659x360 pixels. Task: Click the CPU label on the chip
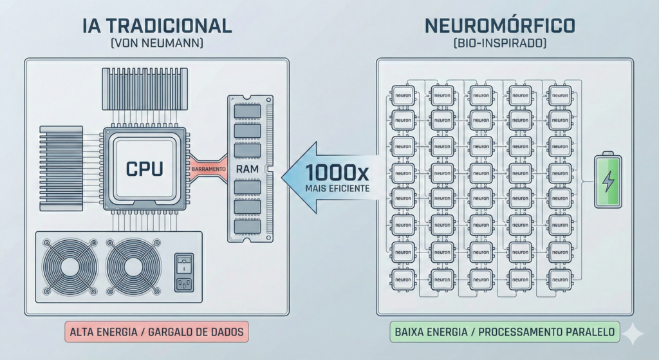[144, 169]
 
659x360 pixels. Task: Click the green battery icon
[608, 181]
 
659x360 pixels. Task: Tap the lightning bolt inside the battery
[608, 182]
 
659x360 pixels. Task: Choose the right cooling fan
[134, 267]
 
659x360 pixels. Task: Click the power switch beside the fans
[184, 263]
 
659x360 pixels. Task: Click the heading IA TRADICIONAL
[157, 26]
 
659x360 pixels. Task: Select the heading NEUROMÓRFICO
[501, 26]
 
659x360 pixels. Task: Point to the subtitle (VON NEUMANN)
[157, 44]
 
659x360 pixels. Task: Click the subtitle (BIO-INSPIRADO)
[501, 44]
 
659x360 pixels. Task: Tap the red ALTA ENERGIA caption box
[156, 332]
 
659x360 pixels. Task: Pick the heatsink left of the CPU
[61, 159]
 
